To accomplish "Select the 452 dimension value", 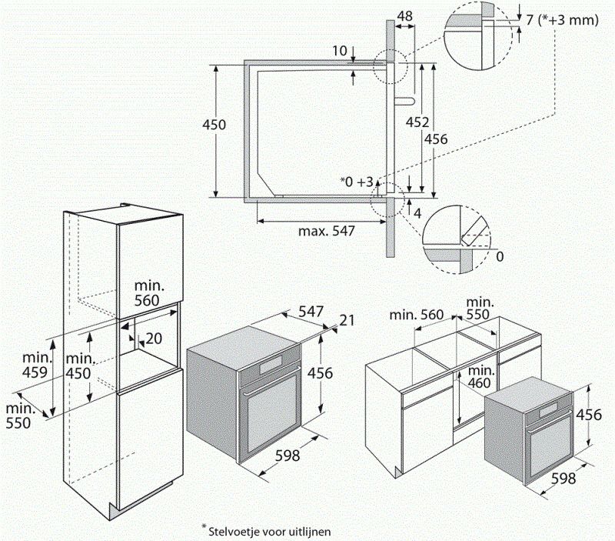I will tap(417, 122).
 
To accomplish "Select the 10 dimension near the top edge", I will tap(340, 51).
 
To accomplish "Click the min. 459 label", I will tap(36, 366).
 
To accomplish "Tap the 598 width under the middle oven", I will tap(287, 456).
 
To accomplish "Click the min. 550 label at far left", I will tap(20, 415).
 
